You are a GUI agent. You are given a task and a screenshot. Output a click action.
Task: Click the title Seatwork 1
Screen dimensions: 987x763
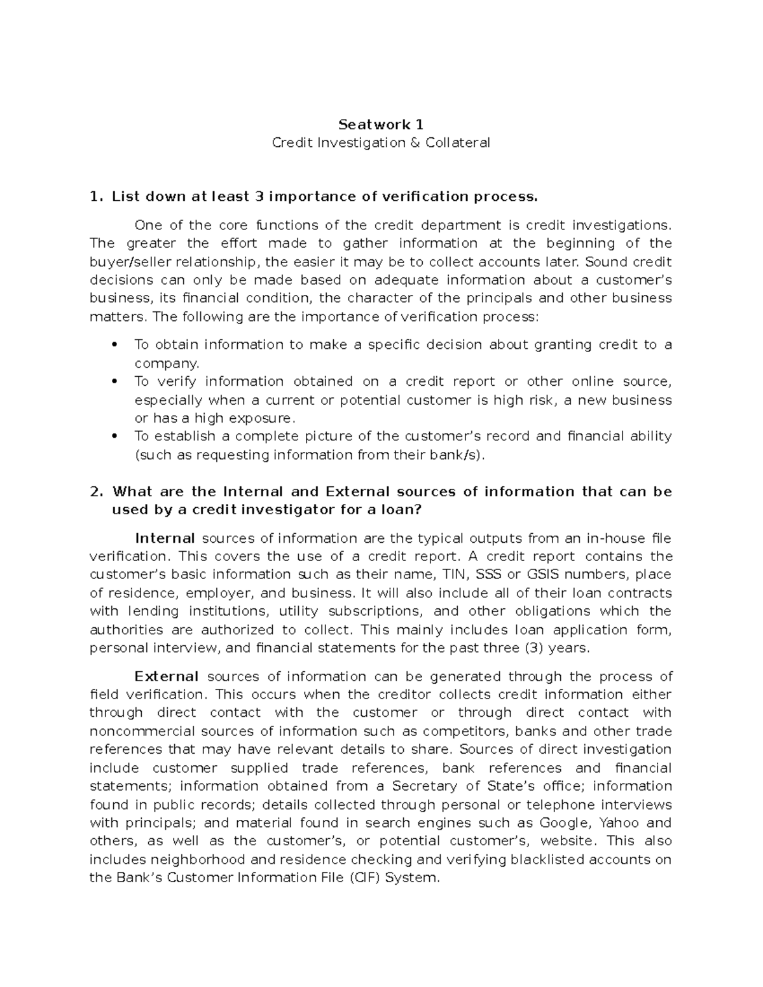(381, 124)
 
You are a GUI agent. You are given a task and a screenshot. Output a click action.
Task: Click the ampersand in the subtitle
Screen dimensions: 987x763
(415, 143)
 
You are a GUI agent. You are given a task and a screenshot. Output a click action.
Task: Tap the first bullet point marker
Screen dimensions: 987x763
(114, 345)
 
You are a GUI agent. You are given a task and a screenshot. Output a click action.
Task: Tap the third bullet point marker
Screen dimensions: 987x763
(114, 437)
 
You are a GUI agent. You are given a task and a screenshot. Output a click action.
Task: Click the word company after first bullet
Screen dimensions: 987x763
(167, 364)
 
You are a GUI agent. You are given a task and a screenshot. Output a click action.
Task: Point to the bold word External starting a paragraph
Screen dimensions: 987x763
(167, 676)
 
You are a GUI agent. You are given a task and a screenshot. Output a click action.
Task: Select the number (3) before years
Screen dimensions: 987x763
(534, 648)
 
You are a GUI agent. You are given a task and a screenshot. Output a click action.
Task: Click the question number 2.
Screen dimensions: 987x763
(96, 492)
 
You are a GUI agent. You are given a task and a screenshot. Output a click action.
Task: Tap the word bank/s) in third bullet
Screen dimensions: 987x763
(463, 455)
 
